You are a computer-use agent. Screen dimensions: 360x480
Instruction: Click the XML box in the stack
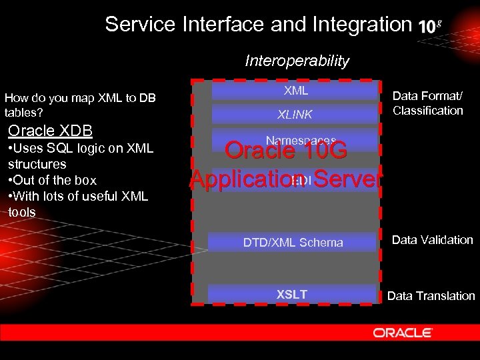pyautogui.click(x=295, y=91)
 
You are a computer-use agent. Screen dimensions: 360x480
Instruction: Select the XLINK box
pyautogui.click(x=295, y=115)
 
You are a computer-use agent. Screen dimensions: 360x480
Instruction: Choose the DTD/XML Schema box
pyautogui.click(x=293, y=243)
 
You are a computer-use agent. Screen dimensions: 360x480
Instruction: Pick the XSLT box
pyautogui.click(x=292, y=294)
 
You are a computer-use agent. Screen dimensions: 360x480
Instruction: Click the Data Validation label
pyautogui.click(x=432, y=240)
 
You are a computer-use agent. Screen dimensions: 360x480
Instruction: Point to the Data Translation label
pyautogui.click(x=431, y=295)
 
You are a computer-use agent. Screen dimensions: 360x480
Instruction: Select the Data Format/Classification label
pyautogui.click(x=427, y=103)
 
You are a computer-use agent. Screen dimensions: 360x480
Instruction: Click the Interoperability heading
pyautogui.click(x=297, y=61)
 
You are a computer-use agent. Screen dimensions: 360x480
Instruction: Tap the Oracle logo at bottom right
pyautogui.click(x=403, y=333)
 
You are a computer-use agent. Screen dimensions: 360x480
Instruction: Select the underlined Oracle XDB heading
pyautogui.click(x=50, y=130)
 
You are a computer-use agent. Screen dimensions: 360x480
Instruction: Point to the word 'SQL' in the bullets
pyautogui.click(x=61, y=148)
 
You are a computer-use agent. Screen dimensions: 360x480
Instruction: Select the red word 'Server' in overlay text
pyautogui.click(x=347, y=179)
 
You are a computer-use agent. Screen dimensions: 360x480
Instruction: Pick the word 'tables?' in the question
pyautogui.click(x=23, y=113)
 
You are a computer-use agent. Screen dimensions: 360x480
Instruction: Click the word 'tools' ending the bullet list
pyautogui.click(x=22, y=212)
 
